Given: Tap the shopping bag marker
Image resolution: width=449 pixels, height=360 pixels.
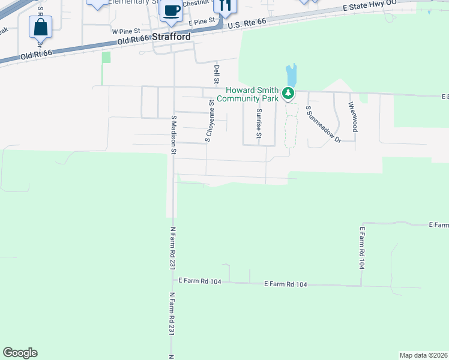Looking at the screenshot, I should pos(40,27).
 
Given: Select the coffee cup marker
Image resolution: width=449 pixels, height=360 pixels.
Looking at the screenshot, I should pos(171,11).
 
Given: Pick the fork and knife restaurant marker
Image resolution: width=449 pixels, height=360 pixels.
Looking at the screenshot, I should pos(226,6).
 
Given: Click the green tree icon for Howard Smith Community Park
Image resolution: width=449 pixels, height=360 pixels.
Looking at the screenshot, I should pos(289,93).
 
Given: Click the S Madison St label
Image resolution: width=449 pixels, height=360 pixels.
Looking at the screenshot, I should pos(173,135).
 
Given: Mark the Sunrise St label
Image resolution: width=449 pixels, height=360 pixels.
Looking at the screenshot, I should pos(259,123).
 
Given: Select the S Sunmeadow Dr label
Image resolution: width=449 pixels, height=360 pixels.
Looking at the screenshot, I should pos(322,125).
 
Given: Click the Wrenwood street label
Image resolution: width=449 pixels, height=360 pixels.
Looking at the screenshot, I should pos(354,116).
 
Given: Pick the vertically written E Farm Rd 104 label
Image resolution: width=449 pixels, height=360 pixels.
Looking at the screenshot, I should pos(362,247).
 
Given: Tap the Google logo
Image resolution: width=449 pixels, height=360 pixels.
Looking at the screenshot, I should pos(20,353).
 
